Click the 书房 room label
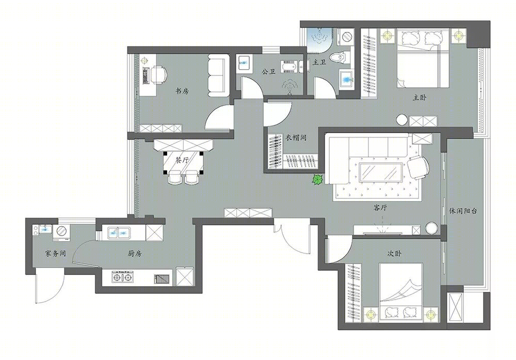[x=182, y=91]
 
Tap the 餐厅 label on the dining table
[x=182, y=160]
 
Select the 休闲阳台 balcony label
[x=463, y=211]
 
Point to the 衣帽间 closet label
[x=295, y=138]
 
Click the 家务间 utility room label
[x=55, y=253]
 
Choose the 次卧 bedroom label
[x=394, y=253]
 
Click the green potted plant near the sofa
[x=317, y=180]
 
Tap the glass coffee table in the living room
[x=379, y=171]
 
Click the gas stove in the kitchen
[x=123, y=278]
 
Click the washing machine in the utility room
[x=61, y=231]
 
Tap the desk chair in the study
[x=159, y=74]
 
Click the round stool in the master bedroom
[x=402, y=120]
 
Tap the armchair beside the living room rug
[x=418, y=167]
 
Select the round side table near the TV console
[x=431, y=228]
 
